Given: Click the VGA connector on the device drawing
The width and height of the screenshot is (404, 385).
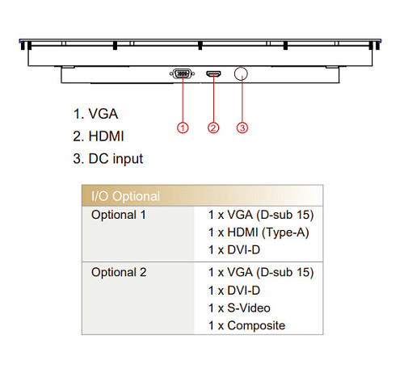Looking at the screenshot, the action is pos(183,73).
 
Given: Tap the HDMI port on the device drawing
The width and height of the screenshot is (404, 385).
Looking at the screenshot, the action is pos(213,73).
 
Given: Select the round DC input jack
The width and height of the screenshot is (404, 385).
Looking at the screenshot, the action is pos(241,73).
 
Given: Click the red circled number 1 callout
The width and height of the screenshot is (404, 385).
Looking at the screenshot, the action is pos(183,128).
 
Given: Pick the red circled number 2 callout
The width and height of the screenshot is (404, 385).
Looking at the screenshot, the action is pos(213,128).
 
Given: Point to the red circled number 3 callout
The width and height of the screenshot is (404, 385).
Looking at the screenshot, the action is pos(242,128).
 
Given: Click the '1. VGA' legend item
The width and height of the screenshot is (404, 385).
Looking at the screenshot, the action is pos(95,114).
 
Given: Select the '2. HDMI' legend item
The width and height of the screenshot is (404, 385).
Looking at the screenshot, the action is pos(99,136).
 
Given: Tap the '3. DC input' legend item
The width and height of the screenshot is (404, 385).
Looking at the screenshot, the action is pos(107,159).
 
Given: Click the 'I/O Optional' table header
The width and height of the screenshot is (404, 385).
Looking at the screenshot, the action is pos(125,196).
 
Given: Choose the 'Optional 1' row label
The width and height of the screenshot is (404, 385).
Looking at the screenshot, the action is pos(119,215).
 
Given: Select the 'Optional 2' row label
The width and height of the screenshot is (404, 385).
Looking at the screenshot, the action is pos(119,272).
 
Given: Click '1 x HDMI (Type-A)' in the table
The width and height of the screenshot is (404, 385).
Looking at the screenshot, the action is pos(259,232).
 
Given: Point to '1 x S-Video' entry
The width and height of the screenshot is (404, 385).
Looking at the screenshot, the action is pos(239,308).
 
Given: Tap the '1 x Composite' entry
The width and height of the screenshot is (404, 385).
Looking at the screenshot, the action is pos(246,326).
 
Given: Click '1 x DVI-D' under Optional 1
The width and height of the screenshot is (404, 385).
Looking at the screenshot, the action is pos(234,250).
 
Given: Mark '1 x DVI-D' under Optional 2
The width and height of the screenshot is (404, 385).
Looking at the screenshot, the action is pos(234,291).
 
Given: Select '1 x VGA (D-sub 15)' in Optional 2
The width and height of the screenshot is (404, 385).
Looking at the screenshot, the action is pos(261,273).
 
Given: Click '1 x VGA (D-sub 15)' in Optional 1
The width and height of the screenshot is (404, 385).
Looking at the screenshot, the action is pos(261,216).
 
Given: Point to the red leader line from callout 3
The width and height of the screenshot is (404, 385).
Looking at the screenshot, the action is pos(242,99).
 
